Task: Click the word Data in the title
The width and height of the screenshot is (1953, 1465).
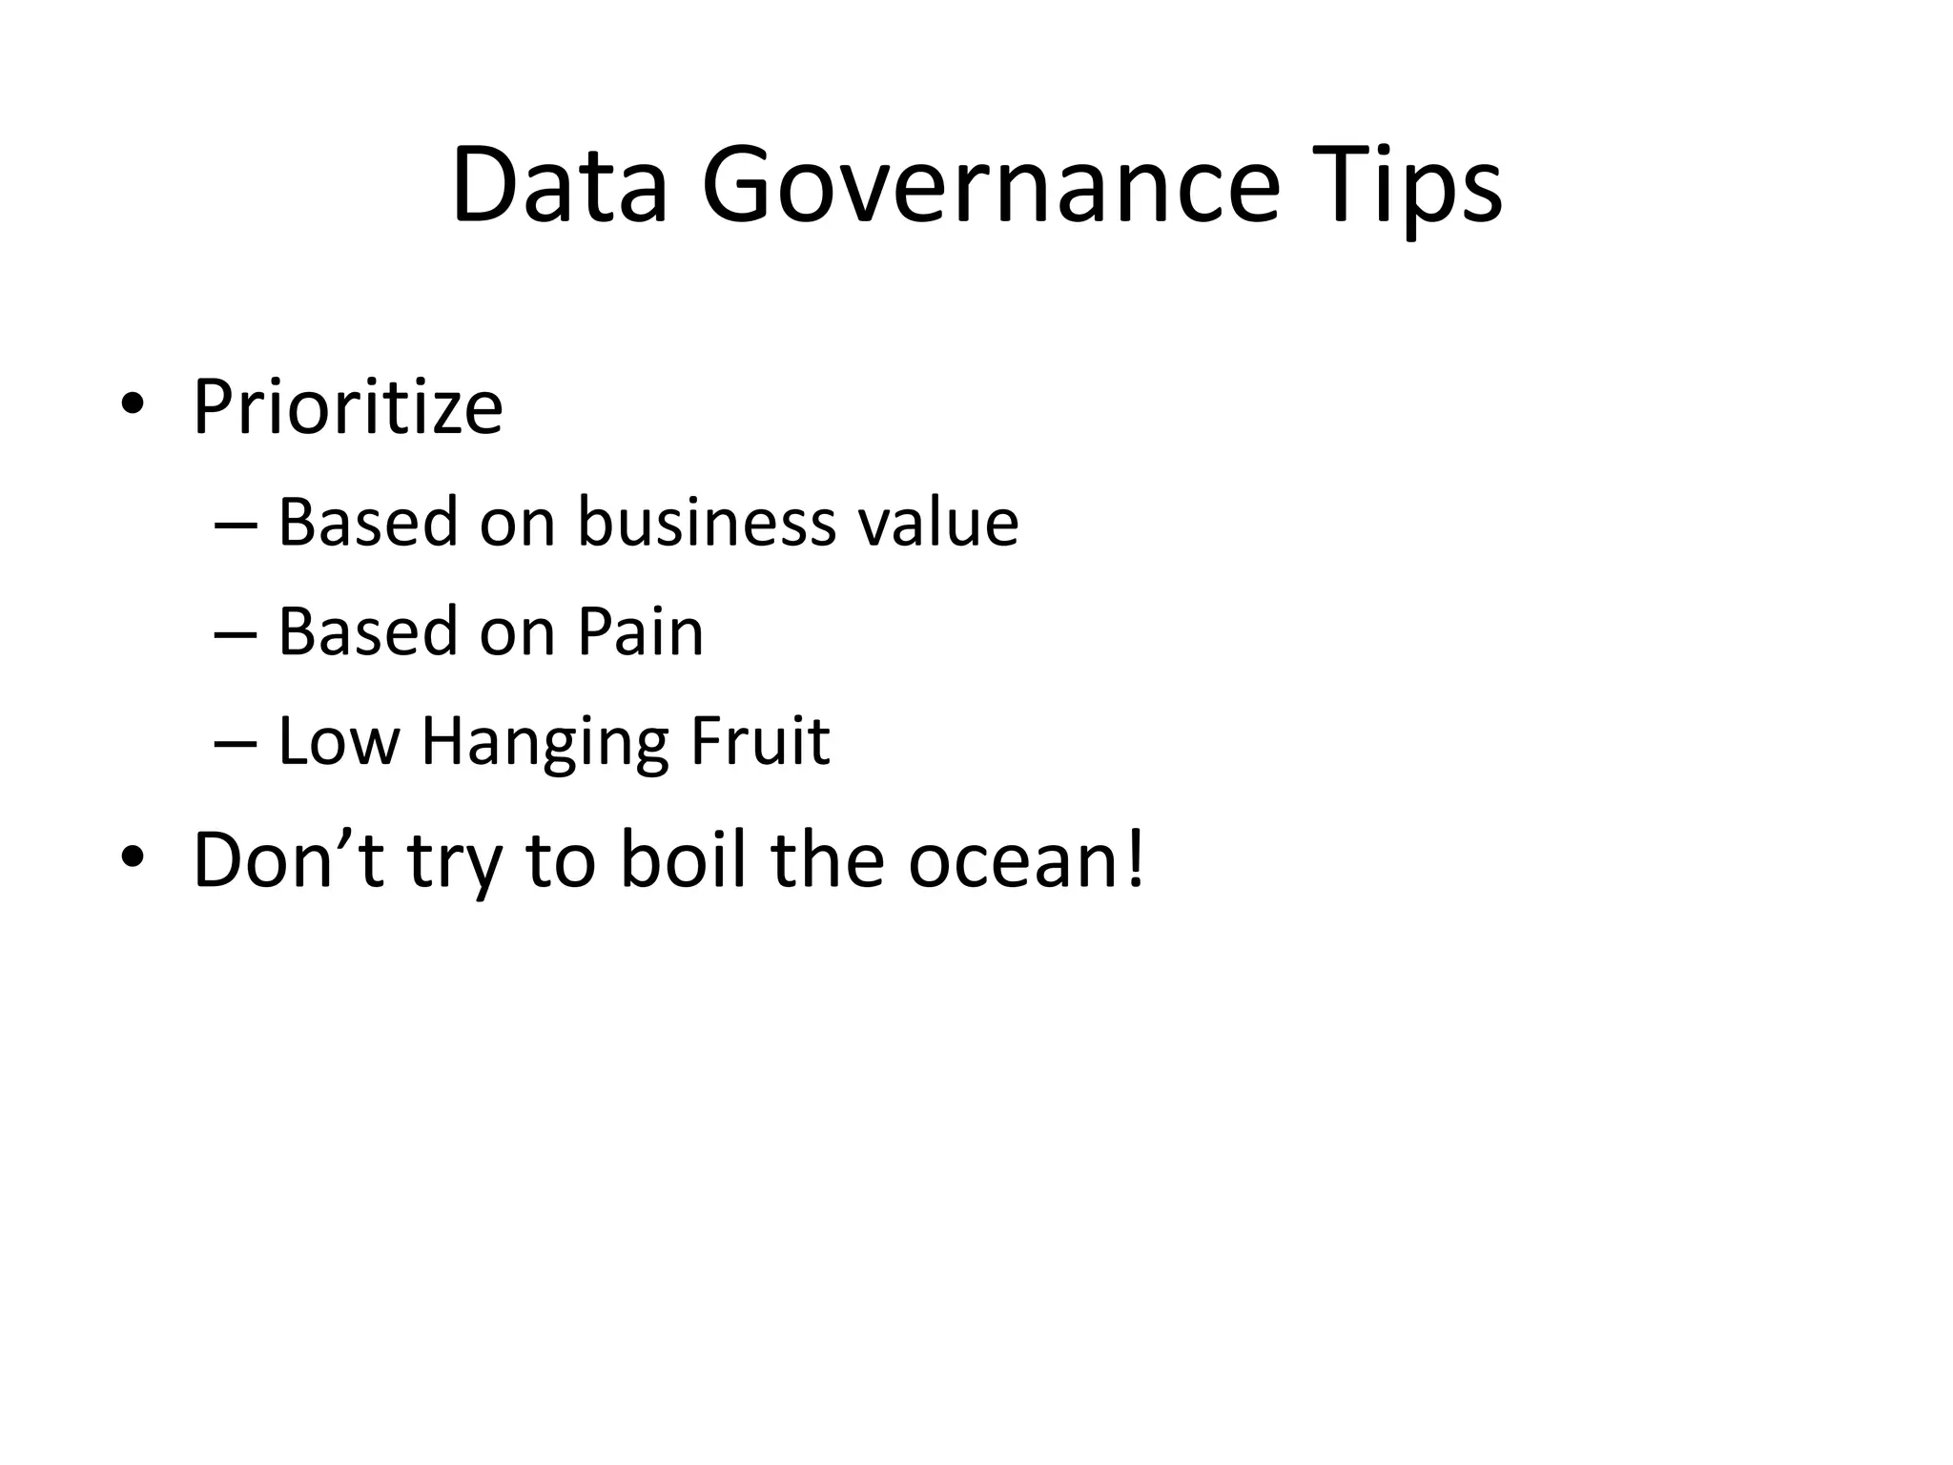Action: coord(560,185)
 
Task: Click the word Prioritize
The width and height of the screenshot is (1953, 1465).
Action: coord(347,408)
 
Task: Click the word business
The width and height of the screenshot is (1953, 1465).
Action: coord(707,524)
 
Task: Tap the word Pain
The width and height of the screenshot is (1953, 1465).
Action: coord(640,632)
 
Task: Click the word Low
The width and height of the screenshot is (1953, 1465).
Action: coord(339,741)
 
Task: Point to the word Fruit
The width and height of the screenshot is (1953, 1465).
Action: coord(759,741)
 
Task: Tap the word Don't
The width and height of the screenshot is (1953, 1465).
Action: coord(288,859)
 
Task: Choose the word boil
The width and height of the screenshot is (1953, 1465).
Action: coord(683,859)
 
